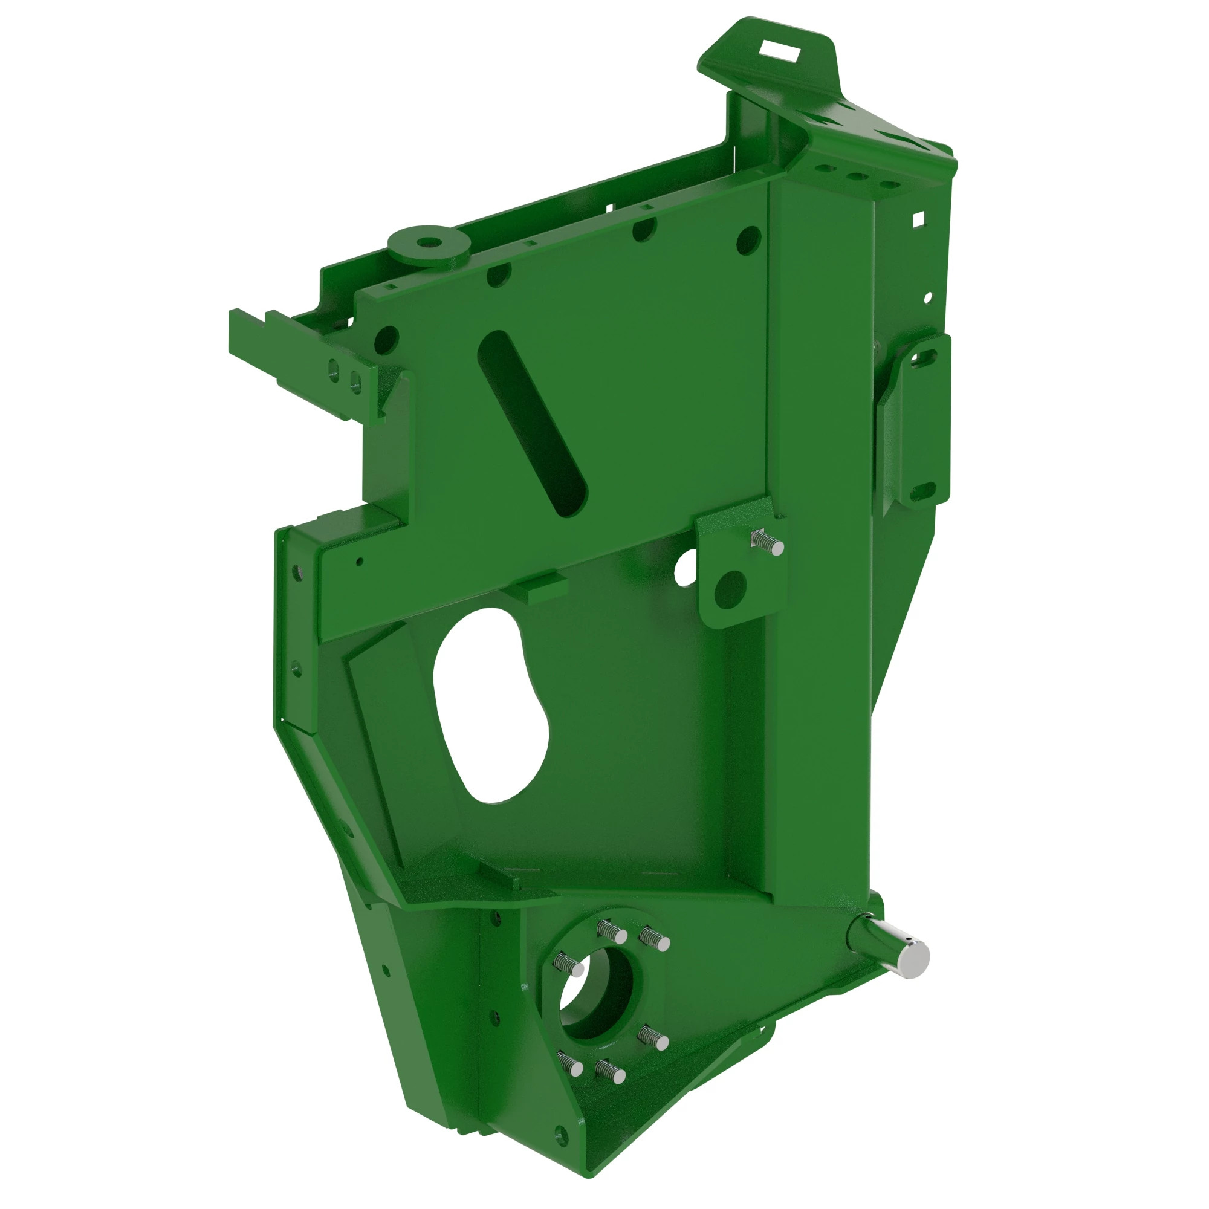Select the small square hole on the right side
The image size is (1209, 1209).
click(x=919, y=218)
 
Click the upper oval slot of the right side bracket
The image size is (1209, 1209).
click(x=924, y=358)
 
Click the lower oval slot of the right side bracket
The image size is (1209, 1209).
click(x=922, y=492)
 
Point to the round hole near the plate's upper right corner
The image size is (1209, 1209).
click(x=748, y=239)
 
